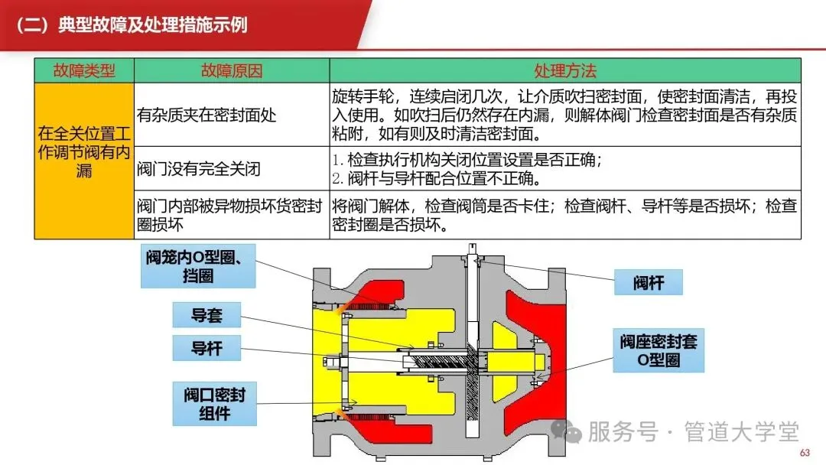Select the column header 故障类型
(84, 71)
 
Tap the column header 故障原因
(231, 71)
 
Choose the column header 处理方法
(565, 71)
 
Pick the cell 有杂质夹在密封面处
(206, 115)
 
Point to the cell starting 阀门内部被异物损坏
(231, 215)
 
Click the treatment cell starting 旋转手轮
(565, 115)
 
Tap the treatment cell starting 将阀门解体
(565, 215)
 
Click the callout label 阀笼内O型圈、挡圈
(198, 266)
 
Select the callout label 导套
(206, 314)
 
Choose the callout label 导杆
(206, 347)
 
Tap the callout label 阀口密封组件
(214, 405)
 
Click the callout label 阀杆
(649, 283)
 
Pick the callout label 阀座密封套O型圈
(659, 350)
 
